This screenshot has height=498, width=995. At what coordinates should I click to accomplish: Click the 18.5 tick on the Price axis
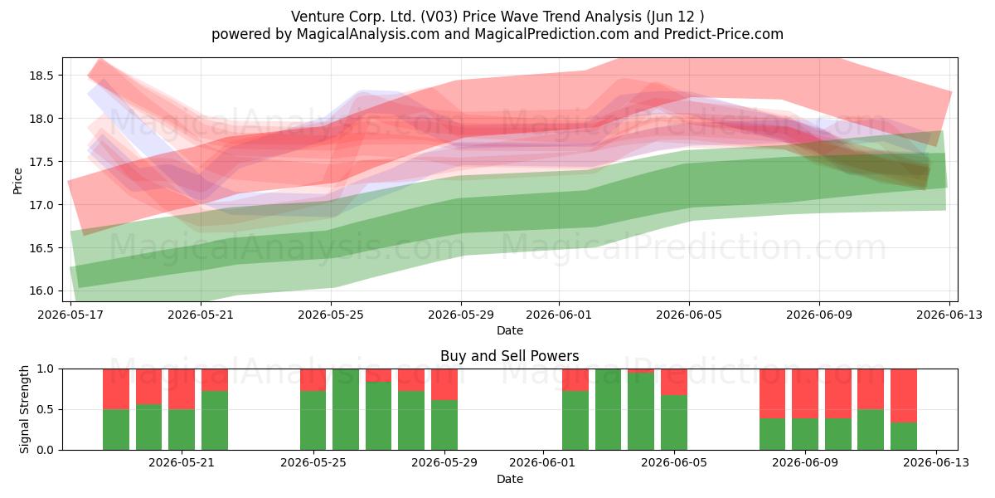[x=41, y=76]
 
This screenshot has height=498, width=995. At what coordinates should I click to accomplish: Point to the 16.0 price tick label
[x=41, y=290]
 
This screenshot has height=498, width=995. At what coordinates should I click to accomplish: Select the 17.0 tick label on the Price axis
[x=41, y=205]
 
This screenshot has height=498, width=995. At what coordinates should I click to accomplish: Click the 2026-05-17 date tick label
[x=70, y=315]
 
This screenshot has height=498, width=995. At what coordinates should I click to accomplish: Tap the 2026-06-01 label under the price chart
[x=559, y=315]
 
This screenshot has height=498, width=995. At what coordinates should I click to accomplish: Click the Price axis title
[x=17, y=181]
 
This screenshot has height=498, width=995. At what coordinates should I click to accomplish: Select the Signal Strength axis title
[x=24, y=409]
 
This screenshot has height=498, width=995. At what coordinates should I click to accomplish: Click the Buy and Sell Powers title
[x=509, y=356]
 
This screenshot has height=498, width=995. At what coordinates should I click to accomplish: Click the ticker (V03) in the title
[x=439, y=17]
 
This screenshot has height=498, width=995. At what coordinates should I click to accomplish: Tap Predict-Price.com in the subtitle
[x=724, y=34]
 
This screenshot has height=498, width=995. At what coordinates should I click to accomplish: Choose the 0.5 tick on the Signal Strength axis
[x=45, y=409]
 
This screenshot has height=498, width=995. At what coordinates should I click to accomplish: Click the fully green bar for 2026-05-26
[x=346, y=409]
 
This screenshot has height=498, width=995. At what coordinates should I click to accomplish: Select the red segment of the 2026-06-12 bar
[x=904, y=396]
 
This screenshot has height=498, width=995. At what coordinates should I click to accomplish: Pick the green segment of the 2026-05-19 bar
[x=148, y=427]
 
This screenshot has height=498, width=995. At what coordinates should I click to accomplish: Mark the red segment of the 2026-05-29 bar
[x=444, y=384]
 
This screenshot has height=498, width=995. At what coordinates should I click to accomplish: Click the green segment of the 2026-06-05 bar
[x=674, y=422]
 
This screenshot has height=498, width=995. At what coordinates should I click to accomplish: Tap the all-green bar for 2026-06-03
[x=608, y=409]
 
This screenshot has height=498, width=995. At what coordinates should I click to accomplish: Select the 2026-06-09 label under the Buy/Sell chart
[x=805, y=463]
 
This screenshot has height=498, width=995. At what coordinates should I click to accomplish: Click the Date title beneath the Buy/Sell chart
[x=509, y=479]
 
